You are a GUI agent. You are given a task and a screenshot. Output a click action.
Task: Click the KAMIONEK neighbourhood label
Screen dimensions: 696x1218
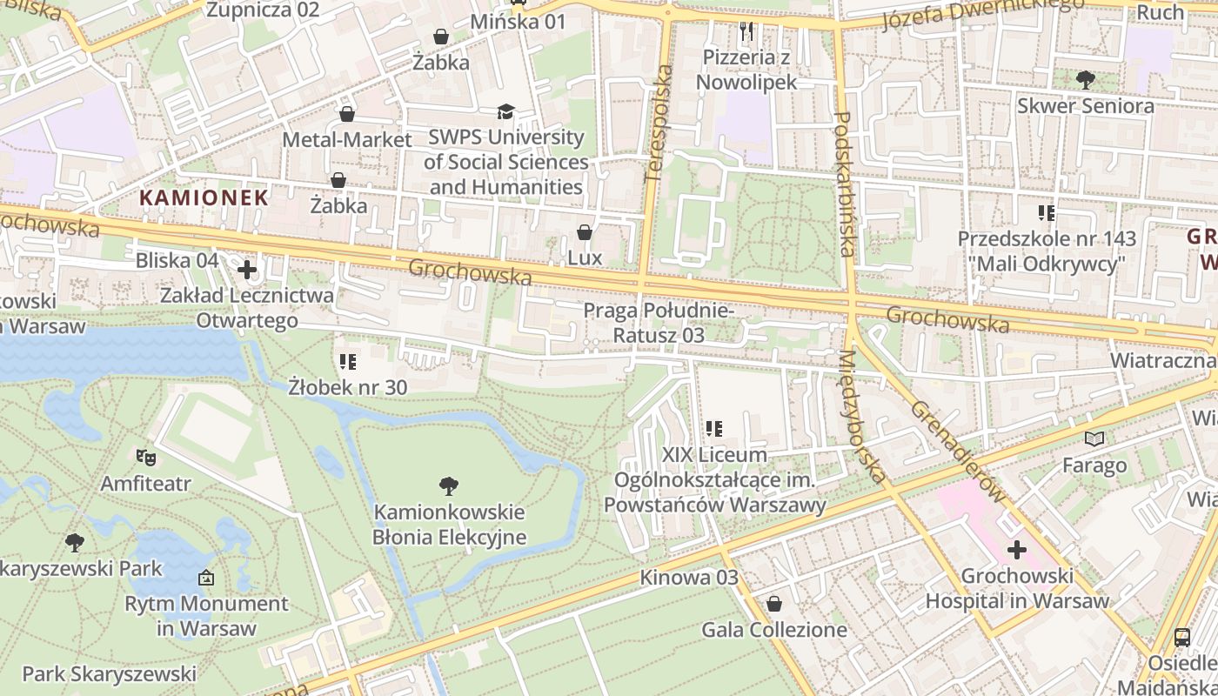(x=204, y=197)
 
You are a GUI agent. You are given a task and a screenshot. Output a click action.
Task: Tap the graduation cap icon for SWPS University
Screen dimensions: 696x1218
(x=505, y=111)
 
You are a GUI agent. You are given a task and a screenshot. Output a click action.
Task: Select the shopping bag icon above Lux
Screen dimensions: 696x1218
(x=585, y=232)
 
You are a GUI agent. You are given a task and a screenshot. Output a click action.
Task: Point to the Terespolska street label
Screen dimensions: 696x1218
(x=659, y=123)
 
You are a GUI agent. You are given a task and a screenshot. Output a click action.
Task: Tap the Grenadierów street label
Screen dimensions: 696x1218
(x=958, y=452)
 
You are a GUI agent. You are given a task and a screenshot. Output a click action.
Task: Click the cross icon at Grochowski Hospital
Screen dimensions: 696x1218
(x=1016, y=550)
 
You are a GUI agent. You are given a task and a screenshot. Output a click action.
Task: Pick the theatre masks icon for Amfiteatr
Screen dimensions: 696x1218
(x=145, y=456)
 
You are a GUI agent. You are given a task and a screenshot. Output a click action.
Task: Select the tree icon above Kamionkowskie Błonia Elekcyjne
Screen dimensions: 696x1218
(x=449, y=485)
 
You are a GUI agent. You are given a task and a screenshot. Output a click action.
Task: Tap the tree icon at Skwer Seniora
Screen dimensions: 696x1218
(x=1085, y=80)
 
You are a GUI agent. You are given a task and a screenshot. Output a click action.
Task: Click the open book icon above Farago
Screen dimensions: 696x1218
(x=1094, y=439)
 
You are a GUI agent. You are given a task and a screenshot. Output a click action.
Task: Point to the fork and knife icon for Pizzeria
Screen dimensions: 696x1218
(x=746, y=32)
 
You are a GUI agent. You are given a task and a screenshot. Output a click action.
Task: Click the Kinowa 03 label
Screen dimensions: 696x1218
(x=688, y=578)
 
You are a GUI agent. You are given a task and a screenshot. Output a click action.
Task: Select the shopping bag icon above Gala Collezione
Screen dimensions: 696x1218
(x=773, y=604)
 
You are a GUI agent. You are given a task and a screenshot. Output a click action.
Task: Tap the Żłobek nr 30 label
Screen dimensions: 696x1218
(x=348, y=387)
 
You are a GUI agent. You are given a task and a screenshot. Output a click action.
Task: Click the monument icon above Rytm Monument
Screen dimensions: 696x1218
(x=206, y=577)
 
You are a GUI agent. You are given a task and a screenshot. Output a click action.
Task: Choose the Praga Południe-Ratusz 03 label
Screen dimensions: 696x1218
(x=659, y=323)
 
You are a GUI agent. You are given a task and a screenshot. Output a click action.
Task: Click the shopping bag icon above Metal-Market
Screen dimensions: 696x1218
(x=347, y=114)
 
